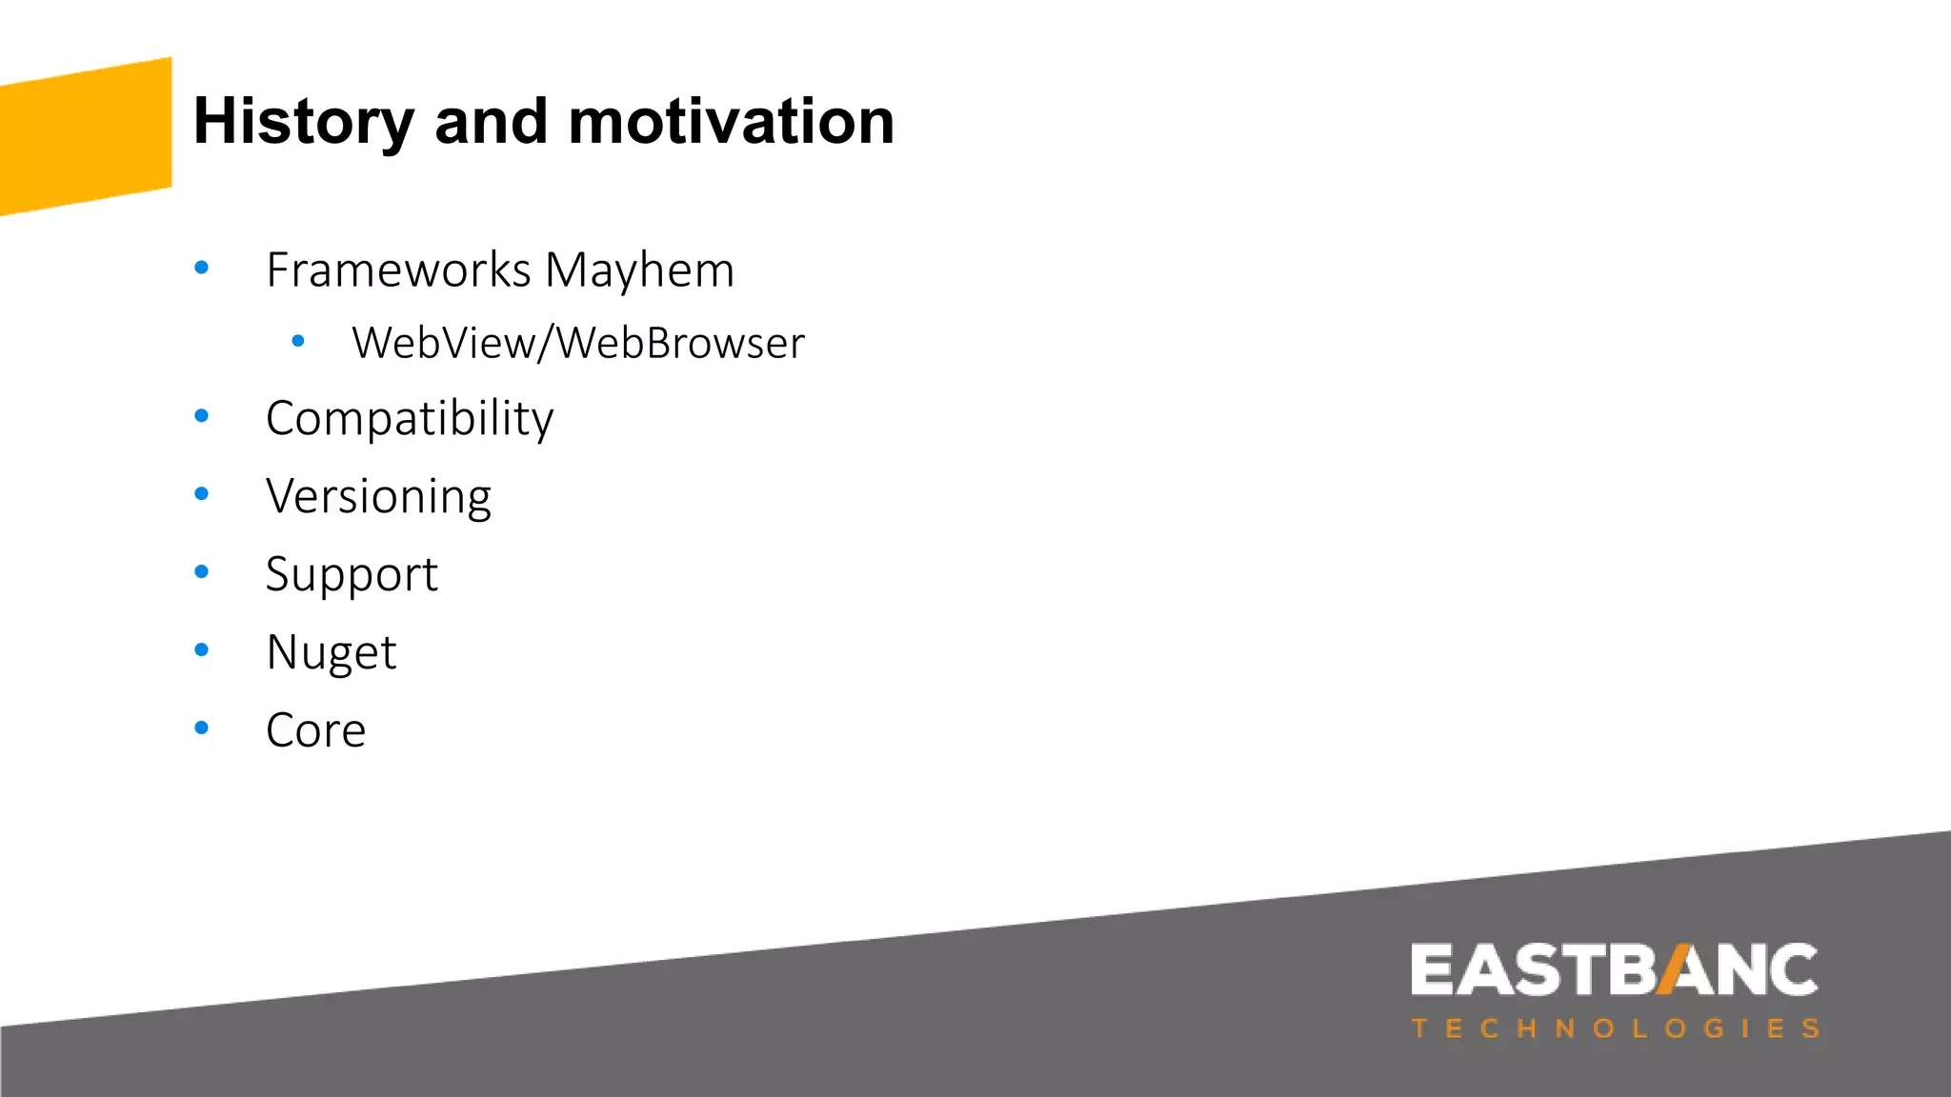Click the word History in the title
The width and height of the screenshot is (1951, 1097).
point(303,123)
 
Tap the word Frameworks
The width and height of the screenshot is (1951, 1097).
point(398,270)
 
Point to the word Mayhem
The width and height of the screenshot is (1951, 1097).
point(639,270)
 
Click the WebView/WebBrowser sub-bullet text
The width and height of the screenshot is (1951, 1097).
point(577,344)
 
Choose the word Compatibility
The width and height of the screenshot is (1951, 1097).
point(410,419)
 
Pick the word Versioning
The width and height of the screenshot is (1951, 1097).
point(378,497)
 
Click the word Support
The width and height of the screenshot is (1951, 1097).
point(352,575)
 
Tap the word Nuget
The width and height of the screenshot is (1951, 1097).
point(331,653)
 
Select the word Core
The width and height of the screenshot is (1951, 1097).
point(315,731)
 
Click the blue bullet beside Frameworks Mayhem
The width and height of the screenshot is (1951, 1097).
point(201,269)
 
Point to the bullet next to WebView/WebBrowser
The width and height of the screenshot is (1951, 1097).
point(298,340)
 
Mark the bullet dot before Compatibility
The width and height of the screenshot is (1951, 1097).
point(201,416)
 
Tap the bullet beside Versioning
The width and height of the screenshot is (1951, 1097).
point(201,494)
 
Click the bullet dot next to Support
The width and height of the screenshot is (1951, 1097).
point(201,572)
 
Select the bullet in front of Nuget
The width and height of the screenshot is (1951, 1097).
point(201,650)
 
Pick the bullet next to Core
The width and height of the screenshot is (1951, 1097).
point(201,728)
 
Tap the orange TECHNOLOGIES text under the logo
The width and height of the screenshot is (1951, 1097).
point(1616,1029)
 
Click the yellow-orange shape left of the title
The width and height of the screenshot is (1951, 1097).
point(86,136)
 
